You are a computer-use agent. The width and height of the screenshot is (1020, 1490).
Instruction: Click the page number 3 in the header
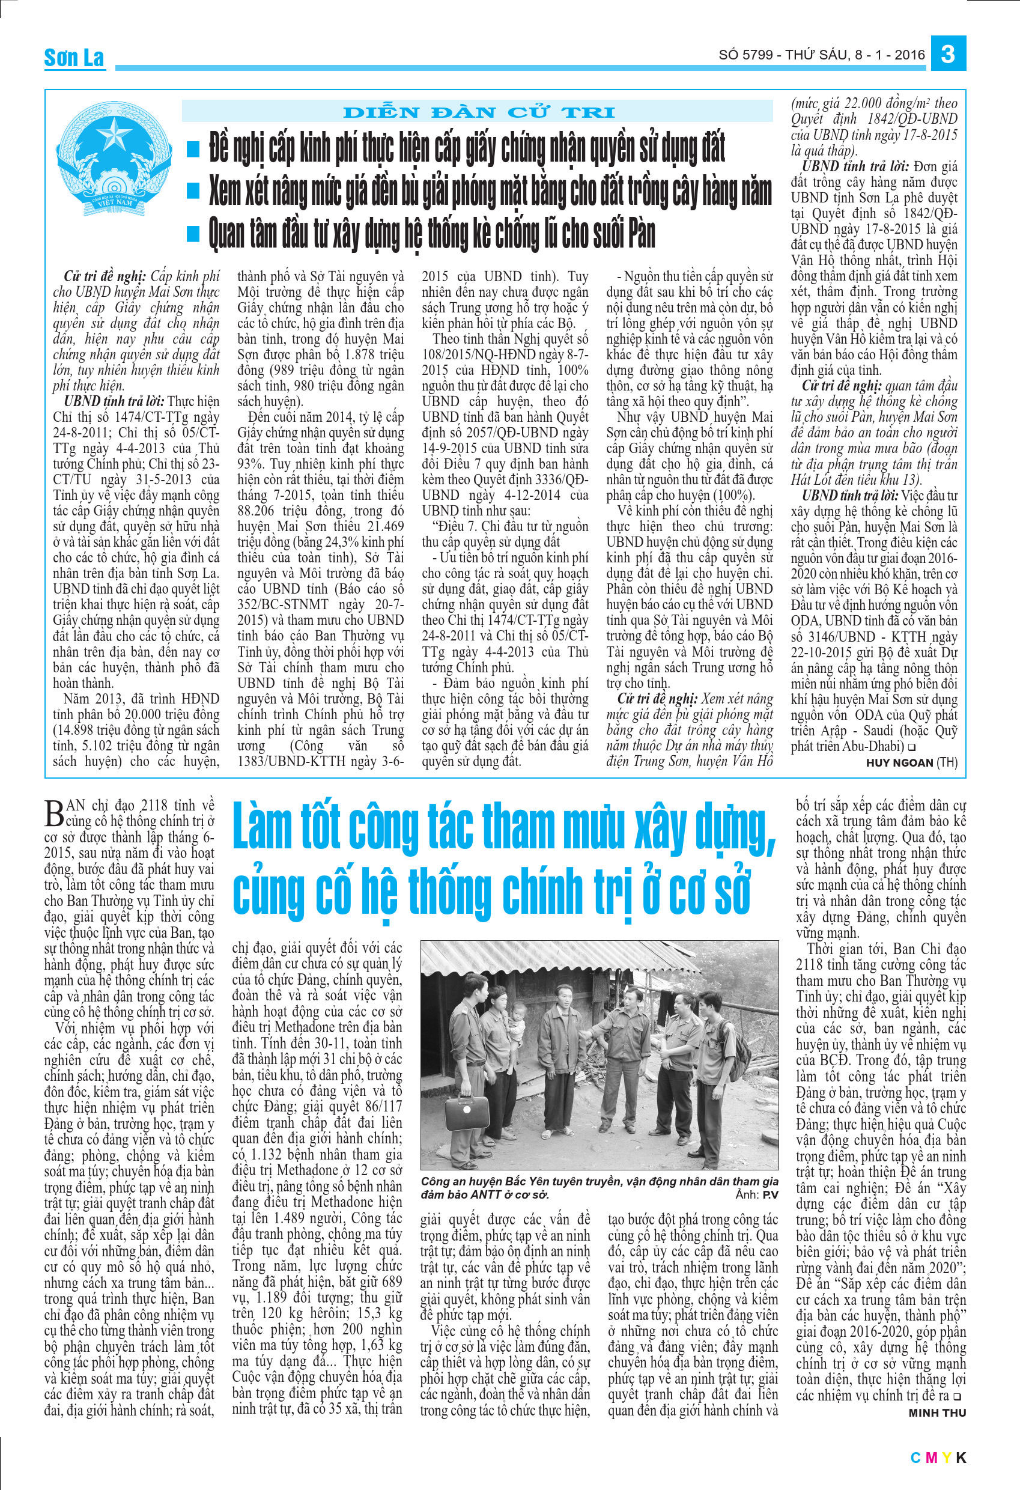point(947,54)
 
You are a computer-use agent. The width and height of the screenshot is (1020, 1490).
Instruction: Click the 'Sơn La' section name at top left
point(74,58)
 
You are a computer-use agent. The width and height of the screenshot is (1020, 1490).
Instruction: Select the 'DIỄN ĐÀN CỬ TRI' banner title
point(479,113)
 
